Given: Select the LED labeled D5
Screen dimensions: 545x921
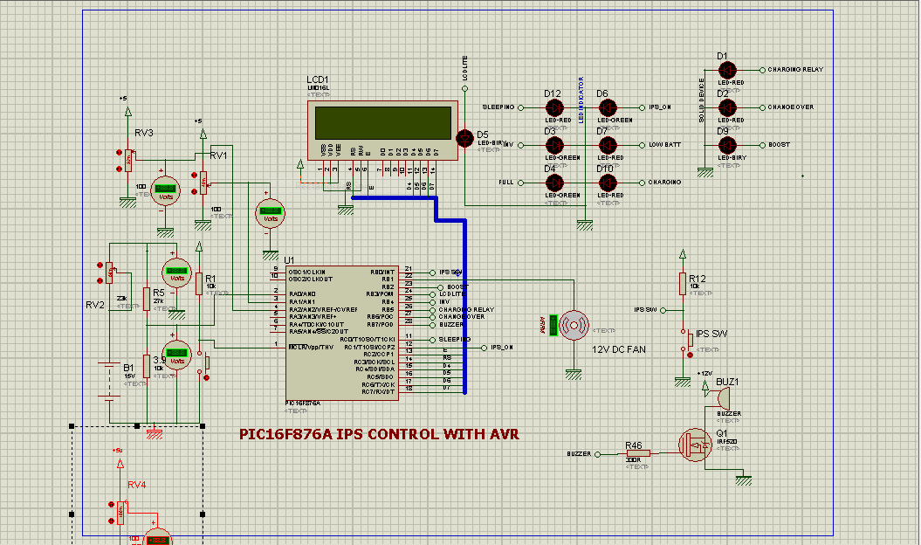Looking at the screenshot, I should pos(464,137).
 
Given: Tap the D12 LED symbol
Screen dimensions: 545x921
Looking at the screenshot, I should pos(553,107).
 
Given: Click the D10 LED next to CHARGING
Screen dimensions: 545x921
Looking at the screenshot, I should pos(607,183).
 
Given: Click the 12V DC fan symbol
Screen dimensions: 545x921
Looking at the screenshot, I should pos(574,325).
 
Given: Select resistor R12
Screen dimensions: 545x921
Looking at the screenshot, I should pos(683,284).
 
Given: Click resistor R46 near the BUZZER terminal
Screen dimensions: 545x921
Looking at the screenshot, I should pos(633,454).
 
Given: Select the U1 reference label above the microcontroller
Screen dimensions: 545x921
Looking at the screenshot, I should pos(289,259).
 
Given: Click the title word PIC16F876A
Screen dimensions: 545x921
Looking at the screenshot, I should pos(285,434).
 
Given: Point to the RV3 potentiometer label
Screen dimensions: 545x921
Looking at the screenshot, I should pos(143,133).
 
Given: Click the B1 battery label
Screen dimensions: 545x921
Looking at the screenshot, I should pos(128,369).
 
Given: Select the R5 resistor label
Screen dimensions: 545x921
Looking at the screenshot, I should pos(158,293).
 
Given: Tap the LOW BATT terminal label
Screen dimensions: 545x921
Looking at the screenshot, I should pos(664,145).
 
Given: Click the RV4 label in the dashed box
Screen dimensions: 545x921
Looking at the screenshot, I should pos(137,484).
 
